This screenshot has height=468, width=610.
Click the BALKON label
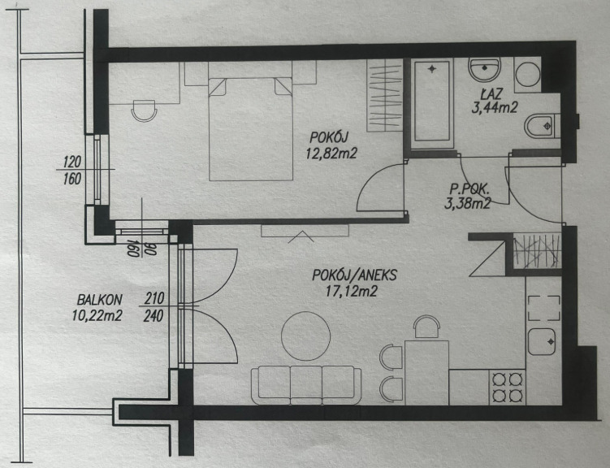coord(100,300)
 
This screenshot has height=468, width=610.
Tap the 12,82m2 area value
coord(331,154)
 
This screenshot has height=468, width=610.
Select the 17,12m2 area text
coord(351,291)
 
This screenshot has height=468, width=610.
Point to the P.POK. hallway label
coord(469,189)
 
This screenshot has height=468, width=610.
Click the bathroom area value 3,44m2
coord(495,107)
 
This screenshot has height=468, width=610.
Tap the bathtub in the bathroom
coord(432,101)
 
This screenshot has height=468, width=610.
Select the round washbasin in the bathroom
coord(484,70)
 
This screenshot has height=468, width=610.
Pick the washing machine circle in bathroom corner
coord(527,74)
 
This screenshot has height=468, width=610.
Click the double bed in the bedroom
coord(250,128)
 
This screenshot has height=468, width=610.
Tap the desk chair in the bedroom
coord(144,110)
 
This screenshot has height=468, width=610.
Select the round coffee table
coord(305,336)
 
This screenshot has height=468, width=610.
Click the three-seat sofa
coord(306,385)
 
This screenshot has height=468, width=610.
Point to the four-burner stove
coord(508,388)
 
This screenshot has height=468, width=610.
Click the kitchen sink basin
coord(542,341)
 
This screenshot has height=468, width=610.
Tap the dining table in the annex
coord(426,373)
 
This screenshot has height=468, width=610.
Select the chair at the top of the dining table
coord(426,327)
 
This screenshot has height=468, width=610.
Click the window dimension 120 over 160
coord(72,170)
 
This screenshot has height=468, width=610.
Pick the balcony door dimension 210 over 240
coord(154,307)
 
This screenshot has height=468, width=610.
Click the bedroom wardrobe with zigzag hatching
coord(385,95)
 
